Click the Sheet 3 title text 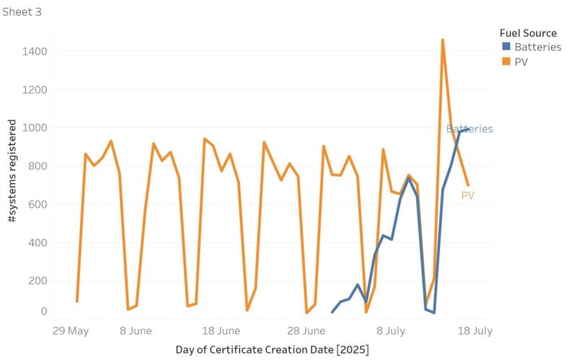22,12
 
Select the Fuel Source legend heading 528,33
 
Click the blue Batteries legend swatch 506,48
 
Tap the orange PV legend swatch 506,62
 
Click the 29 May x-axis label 71,331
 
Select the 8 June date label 135,331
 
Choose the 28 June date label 306,331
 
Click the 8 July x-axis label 390,331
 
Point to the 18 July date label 474,331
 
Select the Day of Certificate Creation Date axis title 272,350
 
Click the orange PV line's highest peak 442,40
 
